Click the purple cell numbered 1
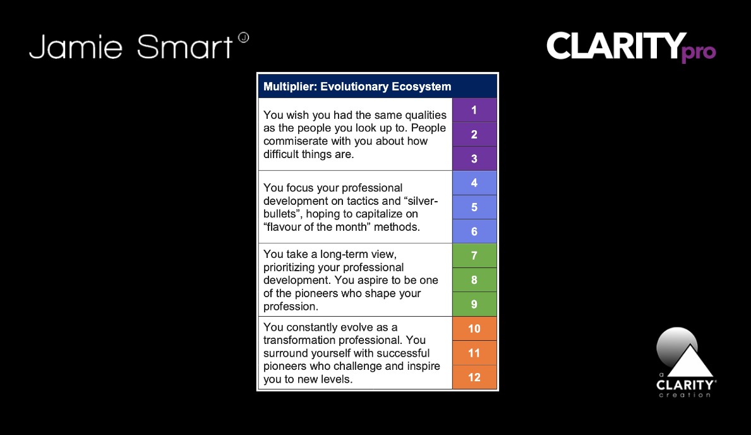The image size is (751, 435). pos(474,110)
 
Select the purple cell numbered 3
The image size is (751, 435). pos(474,159)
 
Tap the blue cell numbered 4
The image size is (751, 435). pos(474,183)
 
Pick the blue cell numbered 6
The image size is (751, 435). pos(474,231)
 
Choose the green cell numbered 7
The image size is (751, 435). pos(474,255)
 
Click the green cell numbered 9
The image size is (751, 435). pos(474,305)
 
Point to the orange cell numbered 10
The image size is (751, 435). pos(474,329)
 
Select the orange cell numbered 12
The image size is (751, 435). pos(474,377)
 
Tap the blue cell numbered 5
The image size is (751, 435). pos(474,207)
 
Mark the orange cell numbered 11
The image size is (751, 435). pos(474,353)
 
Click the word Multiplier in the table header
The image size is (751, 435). pos(290,87)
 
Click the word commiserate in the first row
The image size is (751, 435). pos(294,142)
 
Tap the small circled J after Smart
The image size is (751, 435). pos(243,37)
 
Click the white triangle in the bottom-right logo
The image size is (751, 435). pos(690,360)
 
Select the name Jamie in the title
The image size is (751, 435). pos(76,47)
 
